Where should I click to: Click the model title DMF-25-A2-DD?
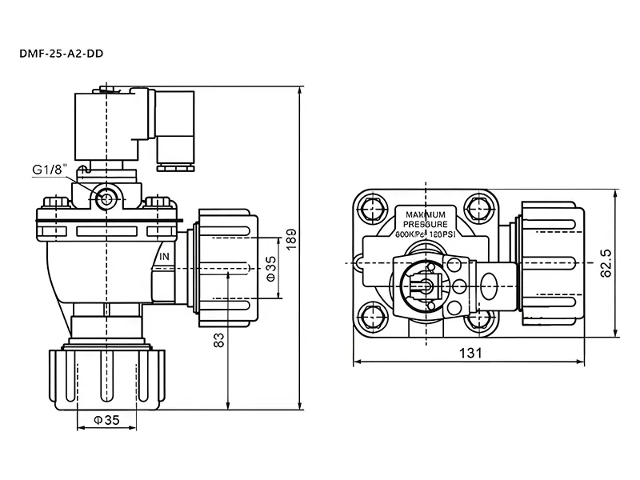(62, 54)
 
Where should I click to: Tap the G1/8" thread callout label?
(50, 170)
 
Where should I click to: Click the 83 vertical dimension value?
(219, 340)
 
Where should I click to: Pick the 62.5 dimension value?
(605, 262)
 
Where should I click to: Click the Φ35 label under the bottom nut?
(101, 419)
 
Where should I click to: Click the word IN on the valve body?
(164, 257)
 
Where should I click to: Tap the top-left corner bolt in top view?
(371, 210)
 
